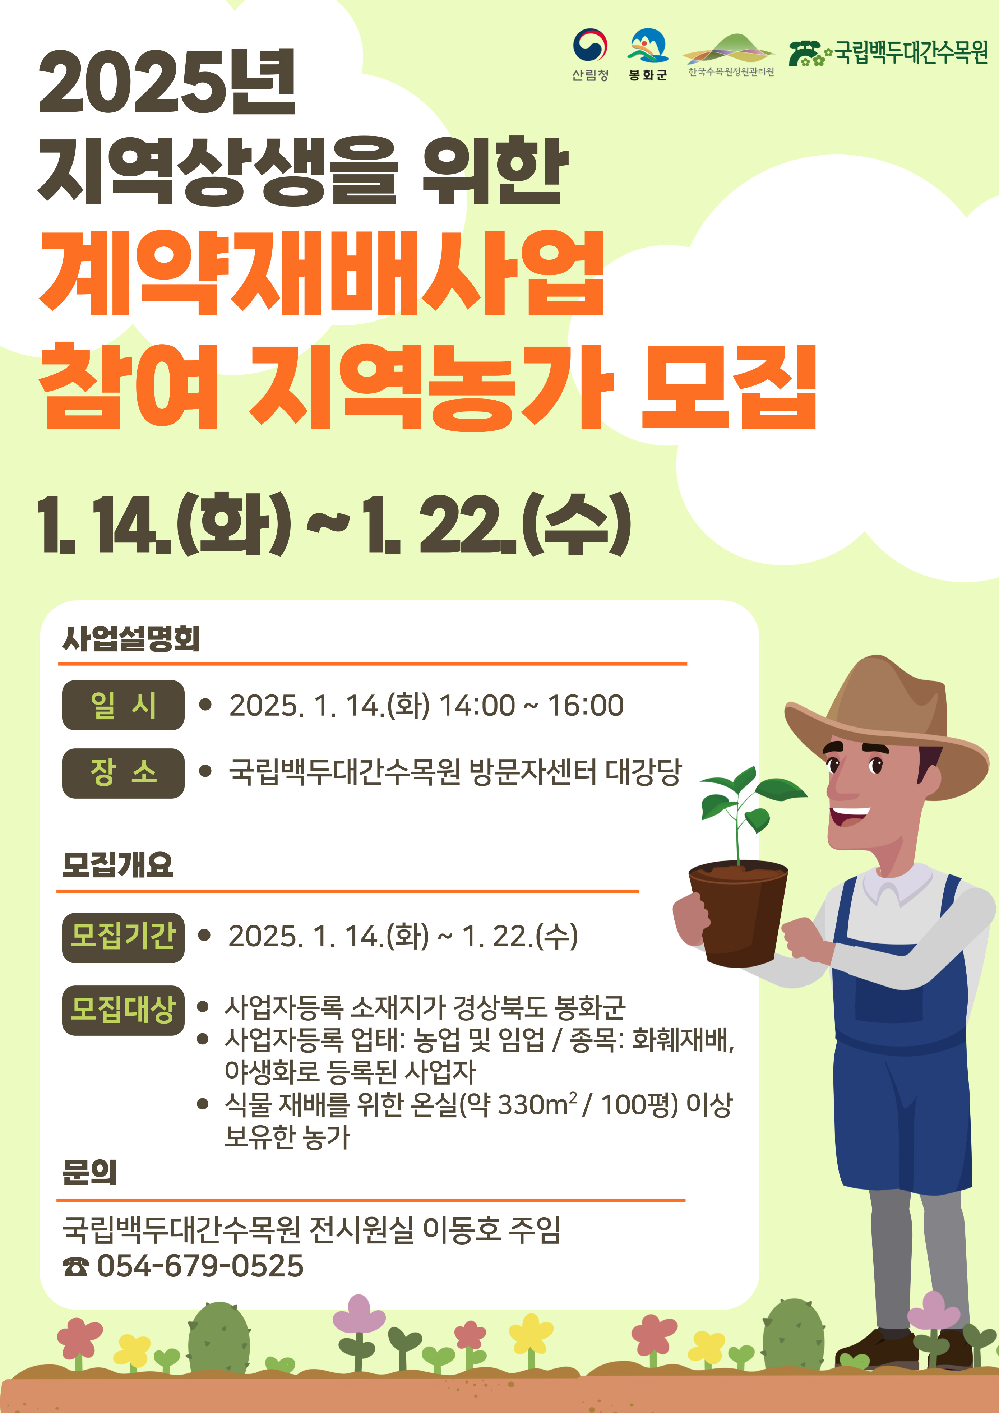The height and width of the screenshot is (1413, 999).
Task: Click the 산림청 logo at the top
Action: click(590, 54)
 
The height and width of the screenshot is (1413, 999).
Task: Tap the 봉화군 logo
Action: click(648, 54)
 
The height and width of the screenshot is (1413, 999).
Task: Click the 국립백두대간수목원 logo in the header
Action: click(888, 53)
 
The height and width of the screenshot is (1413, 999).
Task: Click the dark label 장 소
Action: click(123, 774)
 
